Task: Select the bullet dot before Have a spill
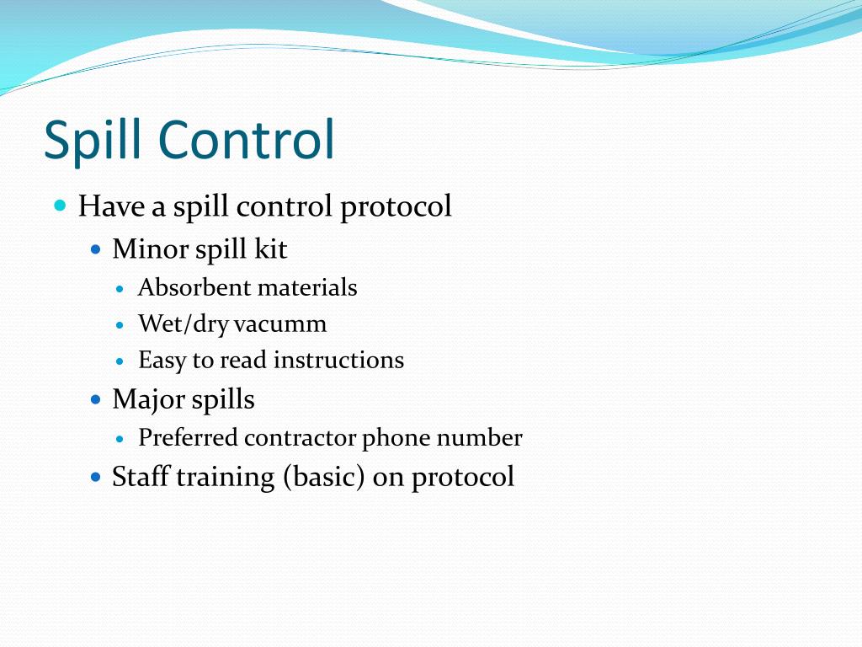[x=60, y=206]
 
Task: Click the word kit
[x=271, y=249]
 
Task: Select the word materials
[x=307, y=288]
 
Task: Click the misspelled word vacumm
[x=280, y=324]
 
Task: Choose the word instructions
[x=338, y=361]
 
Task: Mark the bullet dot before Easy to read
[x=120, y=361]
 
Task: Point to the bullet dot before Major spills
[x=96, y=399]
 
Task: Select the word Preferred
[x=189, y=438]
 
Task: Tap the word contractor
[x=301, y=438]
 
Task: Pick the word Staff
[x=141, y=477]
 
